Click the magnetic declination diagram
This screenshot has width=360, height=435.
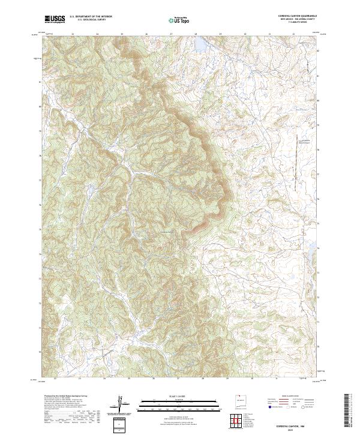[122, 404]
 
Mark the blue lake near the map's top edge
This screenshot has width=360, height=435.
[200, 45]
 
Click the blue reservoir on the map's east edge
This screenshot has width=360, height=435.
[312, 245]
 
